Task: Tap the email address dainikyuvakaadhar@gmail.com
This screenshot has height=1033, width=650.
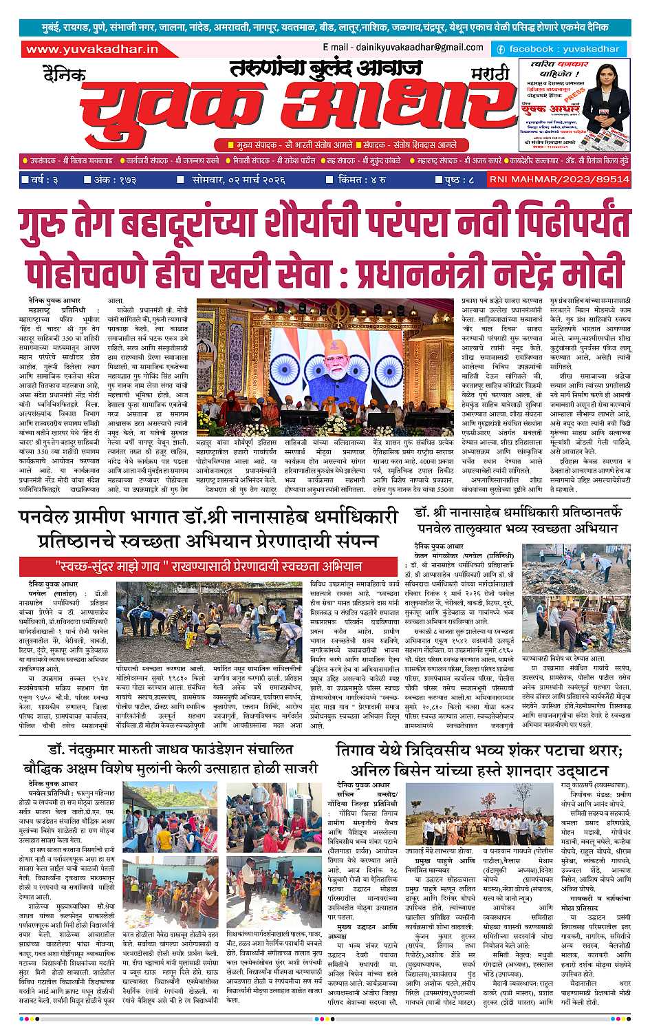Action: pos(402,47)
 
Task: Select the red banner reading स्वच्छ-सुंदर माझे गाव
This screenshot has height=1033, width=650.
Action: pos(209,566)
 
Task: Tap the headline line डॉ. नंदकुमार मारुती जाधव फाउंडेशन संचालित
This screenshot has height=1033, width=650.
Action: pos(171,749)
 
